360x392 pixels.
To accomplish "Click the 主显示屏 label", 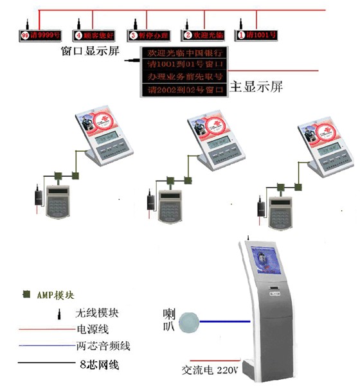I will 255,85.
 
